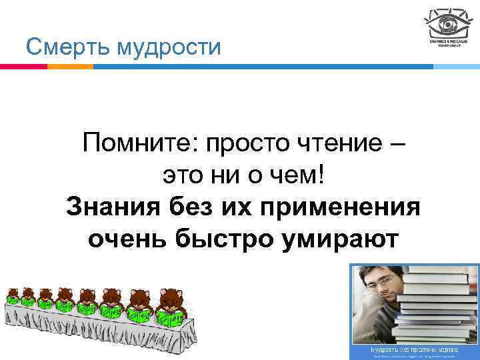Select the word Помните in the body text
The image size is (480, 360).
[141, 143]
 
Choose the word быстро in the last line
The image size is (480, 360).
[223, 238]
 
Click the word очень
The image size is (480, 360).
[127, 239]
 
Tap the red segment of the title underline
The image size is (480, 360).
[23, 67]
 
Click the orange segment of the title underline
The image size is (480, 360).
[70, 67]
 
